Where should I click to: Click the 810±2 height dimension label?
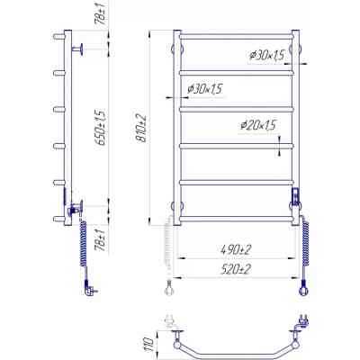pyautogui.click(x=140, y=128)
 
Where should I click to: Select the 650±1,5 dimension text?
pyautogui.click(x=101, y=128)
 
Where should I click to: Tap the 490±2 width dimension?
pyautogui.click(x=236, y=249)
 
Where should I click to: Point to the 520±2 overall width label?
pyautogui.click(x=236, y=269)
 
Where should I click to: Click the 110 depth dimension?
pyautogui.click(x=149, y=344)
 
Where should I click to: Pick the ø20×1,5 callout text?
pyautogui.click(x=258, y=125)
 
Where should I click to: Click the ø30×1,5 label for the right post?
pyautogui.click(x=266, y=56)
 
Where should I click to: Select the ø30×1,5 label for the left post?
pyautogui.click(x=204, y=89)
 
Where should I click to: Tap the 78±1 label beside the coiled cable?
pyautogui.click(x=101, y=240)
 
